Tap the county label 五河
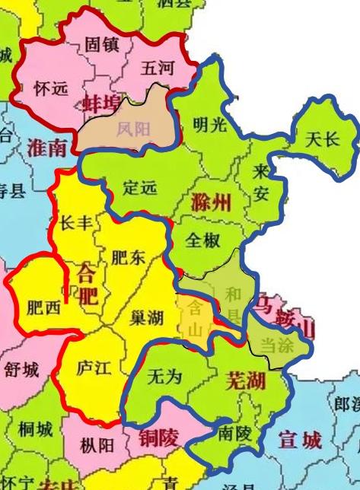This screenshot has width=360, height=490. [158, 68]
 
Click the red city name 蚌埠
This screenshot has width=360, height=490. [103, 103]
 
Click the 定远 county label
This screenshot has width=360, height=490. [139, 186]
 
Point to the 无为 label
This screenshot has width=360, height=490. [164, 376]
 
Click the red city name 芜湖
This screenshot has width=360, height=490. [245, 380]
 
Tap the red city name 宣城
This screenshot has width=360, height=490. [301, 440]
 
